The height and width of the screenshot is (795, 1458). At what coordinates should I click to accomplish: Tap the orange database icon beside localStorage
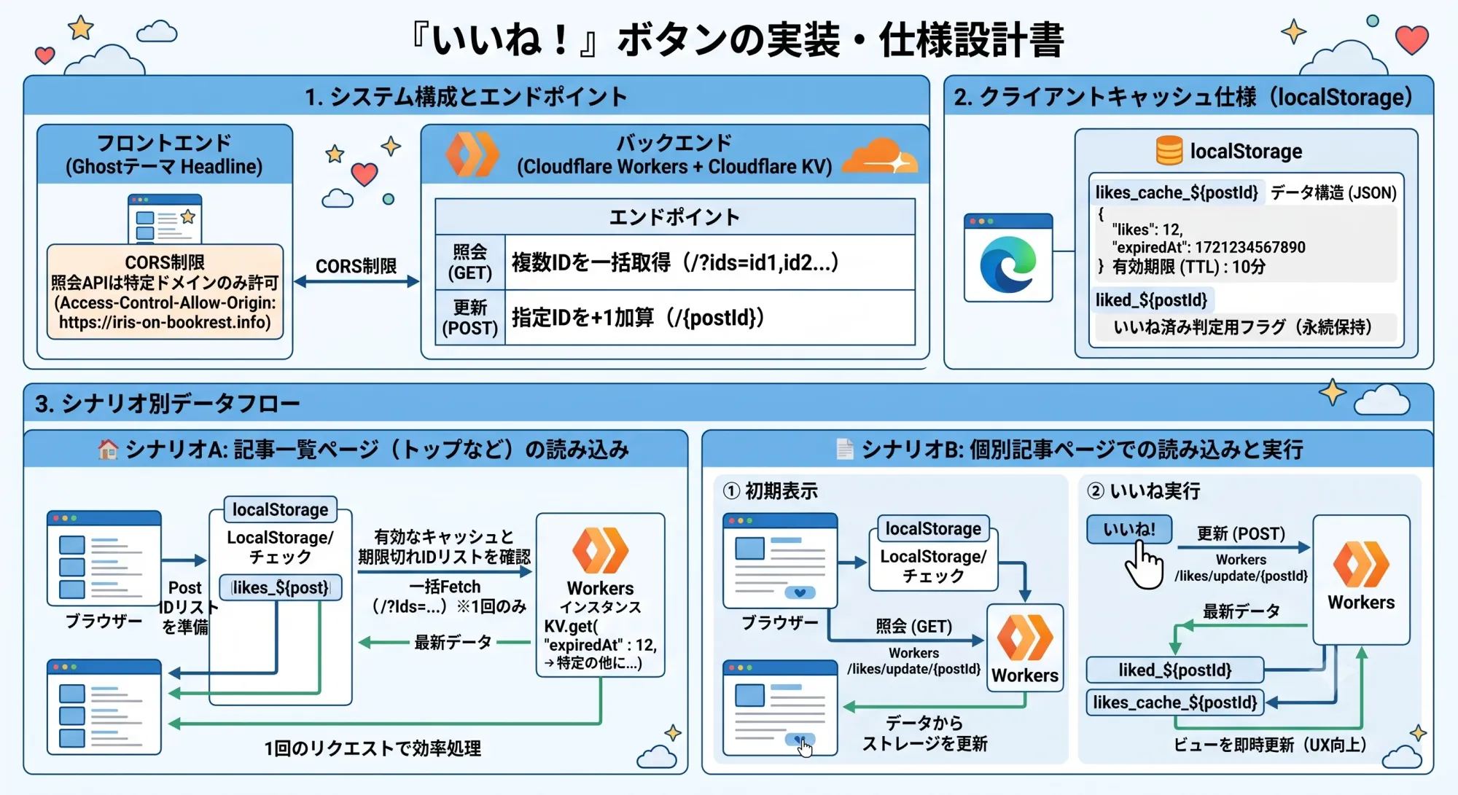[x=1169, y=151]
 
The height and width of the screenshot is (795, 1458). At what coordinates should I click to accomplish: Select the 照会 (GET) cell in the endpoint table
[x=469, y=262]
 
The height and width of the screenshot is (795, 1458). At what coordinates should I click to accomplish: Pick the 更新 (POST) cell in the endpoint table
[x=469, y=318]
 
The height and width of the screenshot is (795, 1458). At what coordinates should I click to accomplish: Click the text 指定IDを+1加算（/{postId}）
[x=638, y=318]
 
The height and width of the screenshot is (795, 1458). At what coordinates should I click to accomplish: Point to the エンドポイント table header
[x=674, y=216]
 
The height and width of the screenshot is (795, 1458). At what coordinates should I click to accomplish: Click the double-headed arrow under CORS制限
[x=356, y=281]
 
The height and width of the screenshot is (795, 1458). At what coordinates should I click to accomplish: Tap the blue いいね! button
[x=1129, y=530]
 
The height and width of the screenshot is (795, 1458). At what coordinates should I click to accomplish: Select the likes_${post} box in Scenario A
[x=281, y=587]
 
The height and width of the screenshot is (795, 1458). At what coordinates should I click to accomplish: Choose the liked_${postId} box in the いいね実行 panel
[x=1174, y=670]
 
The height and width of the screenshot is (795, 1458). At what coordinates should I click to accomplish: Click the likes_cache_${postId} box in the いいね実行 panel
[x=1174, y=702]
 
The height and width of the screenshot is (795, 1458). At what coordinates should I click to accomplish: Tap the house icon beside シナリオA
[x=108, y=450]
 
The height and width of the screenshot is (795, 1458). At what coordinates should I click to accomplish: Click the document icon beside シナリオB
[x=845, y=450]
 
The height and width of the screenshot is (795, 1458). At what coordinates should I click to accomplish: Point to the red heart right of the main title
[x=1411, y=40]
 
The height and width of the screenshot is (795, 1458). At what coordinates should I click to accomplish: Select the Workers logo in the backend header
[x=472, y=154]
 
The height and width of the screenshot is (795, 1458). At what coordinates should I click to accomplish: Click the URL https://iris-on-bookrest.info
[x=165, y=322]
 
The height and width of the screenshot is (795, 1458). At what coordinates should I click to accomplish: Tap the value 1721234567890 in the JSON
[x=1250, y=247]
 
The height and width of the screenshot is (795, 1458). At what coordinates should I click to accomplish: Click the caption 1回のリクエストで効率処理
[x=373, y=748]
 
